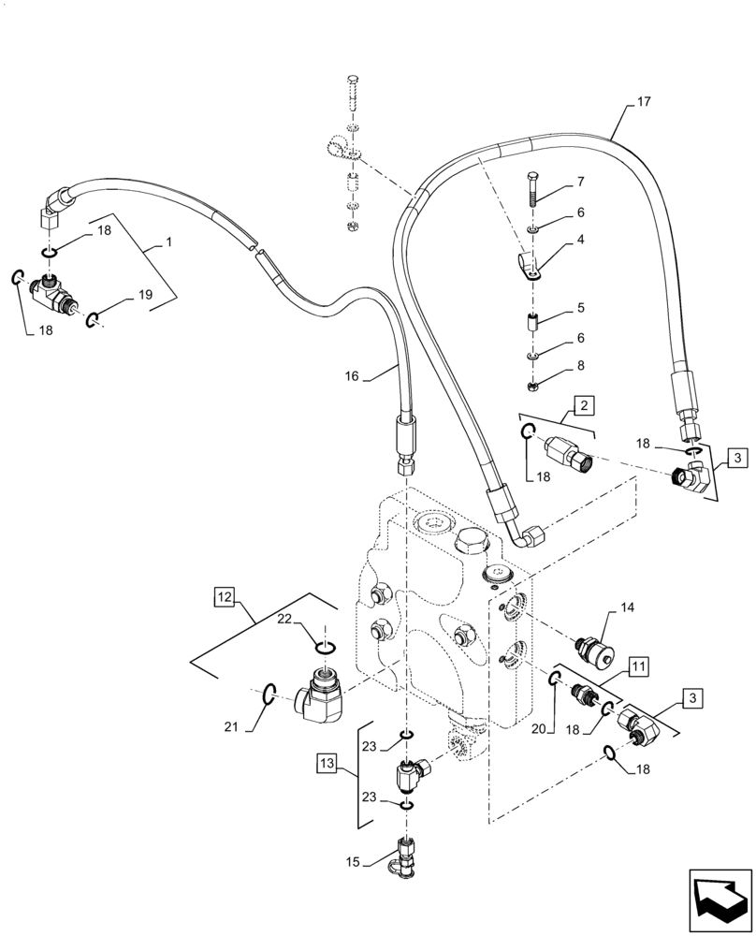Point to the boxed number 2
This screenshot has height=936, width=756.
(x=583, y=405)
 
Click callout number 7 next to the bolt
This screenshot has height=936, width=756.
(x=580, y=181)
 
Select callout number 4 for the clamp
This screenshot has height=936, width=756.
(x=580, y=240)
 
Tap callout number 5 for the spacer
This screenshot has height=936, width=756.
(x=580, y=308)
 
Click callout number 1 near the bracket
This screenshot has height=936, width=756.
(x=168, y=242)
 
